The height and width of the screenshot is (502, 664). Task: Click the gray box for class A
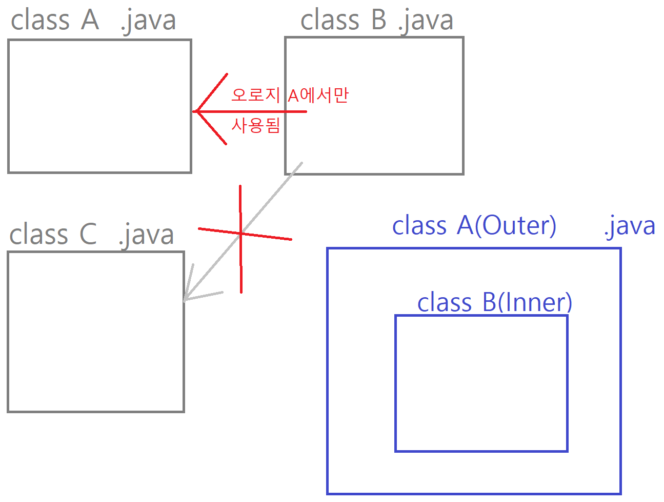coord(99,106)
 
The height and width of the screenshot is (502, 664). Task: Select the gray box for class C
coord(96,332)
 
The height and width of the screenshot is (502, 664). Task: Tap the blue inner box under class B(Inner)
coord(481,383)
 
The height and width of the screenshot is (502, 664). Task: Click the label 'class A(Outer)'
coord(474,226)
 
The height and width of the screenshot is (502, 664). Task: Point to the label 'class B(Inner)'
coord(494,302)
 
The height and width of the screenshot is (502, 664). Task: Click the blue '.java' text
coord(629,226)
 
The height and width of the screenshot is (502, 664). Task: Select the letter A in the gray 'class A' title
coord(90,21)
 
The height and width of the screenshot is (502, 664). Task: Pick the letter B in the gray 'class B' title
coord(378,21)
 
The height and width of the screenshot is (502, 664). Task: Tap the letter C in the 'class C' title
coord(88,235)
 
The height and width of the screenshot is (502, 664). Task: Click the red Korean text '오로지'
coord(255,95)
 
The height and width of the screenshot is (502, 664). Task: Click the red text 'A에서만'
coord(318,95)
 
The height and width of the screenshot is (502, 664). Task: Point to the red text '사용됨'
coord(256,125)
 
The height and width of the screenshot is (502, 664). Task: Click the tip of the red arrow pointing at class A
coord(195,111)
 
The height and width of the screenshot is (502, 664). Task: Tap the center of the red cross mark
coord(240,234)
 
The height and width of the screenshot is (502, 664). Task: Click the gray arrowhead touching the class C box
coord(186,299)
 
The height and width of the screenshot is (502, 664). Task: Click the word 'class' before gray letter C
coord(39,235)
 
